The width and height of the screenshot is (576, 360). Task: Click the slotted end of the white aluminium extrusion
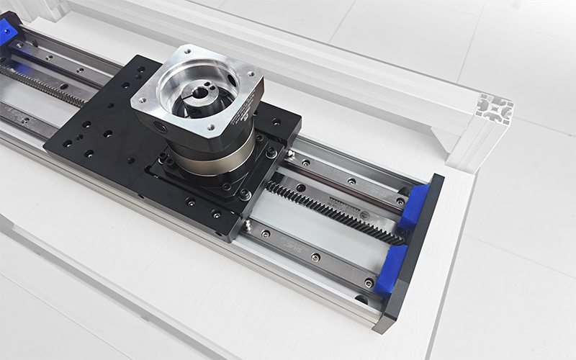pos(495,109)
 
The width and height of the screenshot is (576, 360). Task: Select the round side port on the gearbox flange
pos(160,128)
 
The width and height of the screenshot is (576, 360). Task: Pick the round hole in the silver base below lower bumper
pos(361,299)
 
